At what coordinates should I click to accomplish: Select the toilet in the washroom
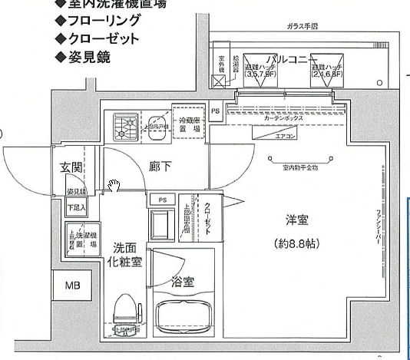[126, 317]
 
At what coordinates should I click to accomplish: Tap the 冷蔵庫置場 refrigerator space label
[189, 125]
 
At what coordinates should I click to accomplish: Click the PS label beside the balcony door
[216, 111]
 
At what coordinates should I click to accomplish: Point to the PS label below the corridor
[162, 200]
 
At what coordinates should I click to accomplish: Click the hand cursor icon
[114, 185]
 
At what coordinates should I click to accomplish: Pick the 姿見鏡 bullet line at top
[84, 56]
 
